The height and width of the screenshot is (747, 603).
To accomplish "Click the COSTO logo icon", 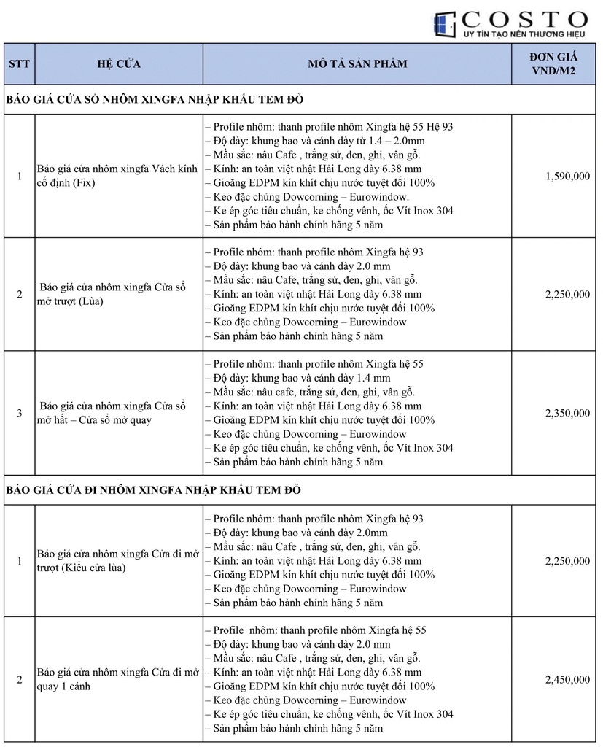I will click(x=444, y=25).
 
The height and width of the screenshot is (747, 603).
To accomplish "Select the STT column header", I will click(x=19, y=63).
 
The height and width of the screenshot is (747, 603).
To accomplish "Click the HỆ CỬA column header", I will click(x=119, y=63).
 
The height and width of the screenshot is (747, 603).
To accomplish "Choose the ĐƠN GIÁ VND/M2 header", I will click(x=555, y=63).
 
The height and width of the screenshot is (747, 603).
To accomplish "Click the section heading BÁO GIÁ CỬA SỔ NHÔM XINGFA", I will click(x=155, y=99).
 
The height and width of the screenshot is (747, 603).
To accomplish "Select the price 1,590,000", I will click(x=567, y=176).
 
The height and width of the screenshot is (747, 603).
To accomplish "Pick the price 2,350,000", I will click(x=567, y=413).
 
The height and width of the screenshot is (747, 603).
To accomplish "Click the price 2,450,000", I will click(x=567, y=679).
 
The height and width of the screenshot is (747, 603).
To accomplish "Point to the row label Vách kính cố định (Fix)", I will click(x=117, y=176).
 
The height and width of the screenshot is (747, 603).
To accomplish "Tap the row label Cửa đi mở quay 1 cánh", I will click(x=117, y=679).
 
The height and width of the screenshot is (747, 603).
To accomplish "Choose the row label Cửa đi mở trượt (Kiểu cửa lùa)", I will click(x=117, y=561).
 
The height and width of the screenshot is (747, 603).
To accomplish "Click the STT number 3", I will click(x=19, y=413).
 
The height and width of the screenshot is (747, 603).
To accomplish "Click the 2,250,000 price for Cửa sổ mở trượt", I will click(x=567, y=294).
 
